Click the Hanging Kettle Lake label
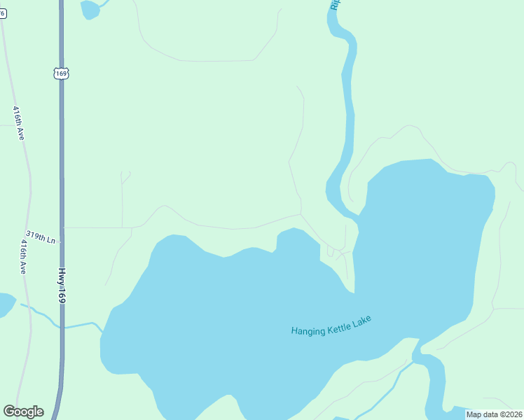coord(331,326)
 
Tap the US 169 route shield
coord(61,73)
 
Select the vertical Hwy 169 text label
coord(62,286)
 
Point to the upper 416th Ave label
coord(18,122)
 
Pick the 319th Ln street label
coord(41,237)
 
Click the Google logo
coord(23,412)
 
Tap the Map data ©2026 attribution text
coord(494,414)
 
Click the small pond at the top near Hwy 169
coord(90,9)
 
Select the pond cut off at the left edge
coord(5,304)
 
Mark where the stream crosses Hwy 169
coord(62,327)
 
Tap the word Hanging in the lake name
coord(308,330)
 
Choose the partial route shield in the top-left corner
coord(2,13)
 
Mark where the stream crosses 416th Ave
coord(29,309)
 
